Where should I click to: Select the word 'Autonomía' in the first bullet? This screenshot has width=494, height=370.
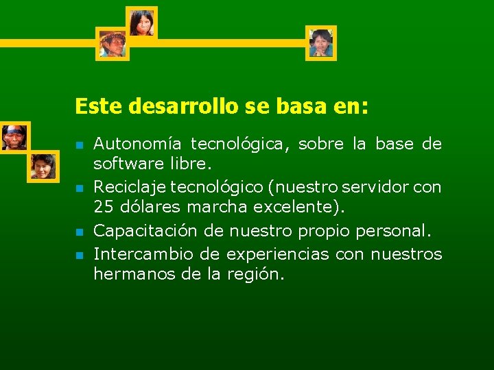point(137,144)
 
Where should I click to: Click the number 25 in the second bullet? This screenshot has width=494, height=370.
point(103,208)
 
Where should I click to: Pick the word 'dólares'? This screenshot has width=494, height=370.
point(145,208)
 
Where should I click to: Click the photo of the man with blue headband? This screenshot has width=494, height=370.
point(14,137)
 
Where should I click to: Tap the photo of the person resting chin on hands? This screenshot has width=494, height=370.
point(320,42)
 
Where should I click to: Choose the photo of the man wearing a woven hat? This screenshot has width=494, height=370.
point(112,44)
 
